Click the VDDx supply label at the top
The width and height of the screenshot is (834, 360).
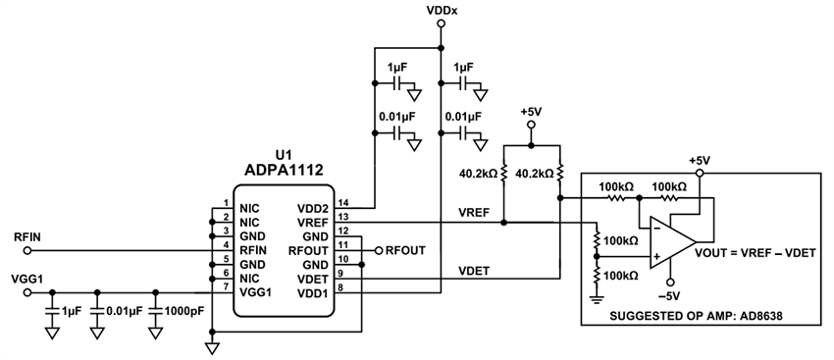pos(441,11)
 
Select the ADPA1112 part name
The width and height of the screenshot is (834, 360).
pos(284,171)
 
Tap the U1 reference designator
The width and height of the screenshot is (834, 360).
pos(284,155)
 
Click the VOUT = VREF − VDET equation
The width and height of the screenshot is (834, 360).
pos(756,253)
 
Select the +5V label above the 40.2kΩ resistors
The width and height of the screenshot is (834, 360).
pos(530,112)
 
